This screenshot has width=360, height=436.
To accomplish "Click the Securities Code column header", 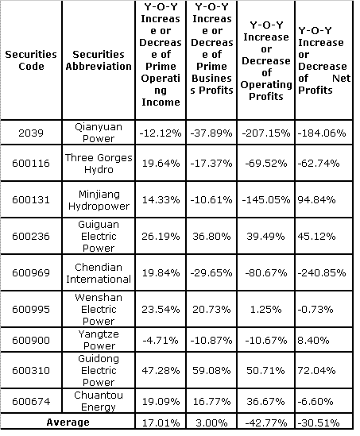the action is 31,60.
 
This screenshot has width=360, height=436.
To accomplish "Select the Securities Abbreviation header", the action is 99,60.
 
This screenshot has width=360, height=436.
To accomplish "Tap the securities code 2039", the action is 31,133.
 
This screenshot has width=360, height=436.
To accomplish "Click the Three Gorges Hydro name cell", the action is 99,164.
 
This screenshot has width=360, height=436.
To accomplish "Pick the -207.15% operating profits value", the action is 266,133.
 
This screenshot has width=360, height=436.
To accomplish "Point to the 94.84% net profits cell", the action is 316,199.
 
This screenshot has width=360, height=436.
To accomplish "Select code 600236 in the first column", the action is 31,237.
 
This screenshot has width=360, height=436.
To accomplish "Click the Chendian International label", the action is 99,272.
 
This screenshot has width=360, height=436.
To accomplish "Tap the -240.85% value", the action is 322,272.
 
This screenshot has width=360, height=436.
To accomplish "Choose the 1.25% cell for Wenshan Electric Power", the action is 266,309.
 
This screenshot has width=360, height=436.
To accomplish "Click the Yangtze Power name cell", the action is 99,340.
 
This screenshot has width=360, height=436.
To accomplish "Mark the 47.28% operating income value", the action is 161,370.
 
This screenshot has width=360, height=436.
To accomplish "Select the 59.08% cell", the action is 211,370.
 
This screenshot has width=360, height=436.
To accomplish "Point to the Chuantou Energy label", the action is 99,401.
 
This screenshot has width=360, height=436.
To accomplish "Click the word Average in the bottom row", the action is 68,422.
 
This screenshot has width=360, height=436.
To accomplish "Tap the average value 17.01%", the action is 161,423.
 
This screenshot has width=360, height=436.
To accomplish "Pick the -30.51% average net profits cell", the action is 319,423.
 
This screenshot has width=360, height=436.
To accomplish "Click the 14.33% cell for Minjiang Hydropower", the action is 161,199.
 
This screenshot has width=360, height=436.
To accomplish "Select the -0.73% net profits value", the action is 315,309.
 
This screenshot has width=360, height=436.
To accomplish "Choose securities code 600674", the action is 31,401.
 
